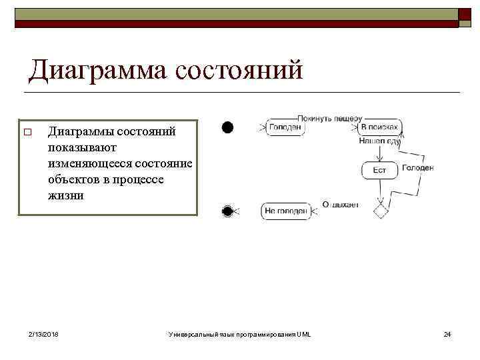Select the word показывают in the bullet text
coord(82,147)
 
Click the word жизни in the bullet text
coord(65,196)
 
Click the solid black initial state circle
coord(227,127)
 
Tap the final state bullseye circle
coord(227,211)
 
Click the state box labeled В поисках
coord(379,127)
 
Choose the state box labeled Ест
coord(379,171)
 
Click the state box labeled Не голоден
coord(286,211)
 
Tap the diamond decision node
coord(380,211)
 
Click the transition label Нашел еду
coord(379,141)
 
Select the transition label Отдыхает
coord(340,205)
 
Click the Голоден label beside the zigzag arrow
coord(418,168)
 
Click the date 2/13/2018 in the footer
coord(43,333)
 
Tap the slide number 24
coord(447,333)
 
